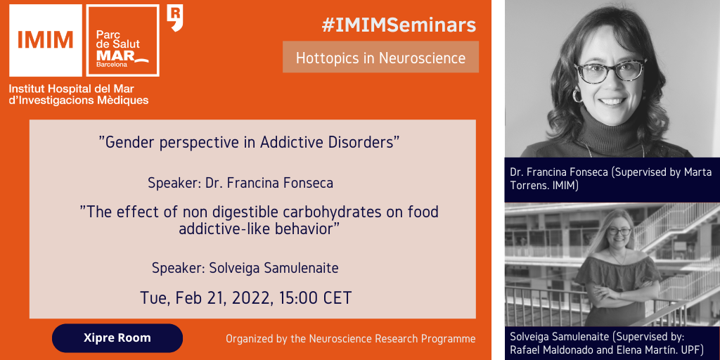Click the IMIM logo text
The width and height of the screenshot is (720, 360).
tap(46, 39)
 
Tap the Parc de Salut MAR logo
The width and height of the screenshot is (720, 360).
tap(122, 40)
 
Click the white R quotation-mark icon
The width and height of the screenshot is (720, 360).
tap(175, 18)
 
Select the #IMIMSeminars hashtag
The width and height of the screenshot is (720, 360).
tap(399, 25)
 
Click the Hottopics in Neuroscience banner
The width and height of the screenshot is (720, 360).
tap(380, 57)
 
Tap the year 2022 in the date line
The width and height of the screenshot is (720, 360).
tap(251, 298)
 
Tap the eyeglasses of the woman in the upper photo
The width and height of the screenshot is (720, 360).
tap(610, 71)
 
